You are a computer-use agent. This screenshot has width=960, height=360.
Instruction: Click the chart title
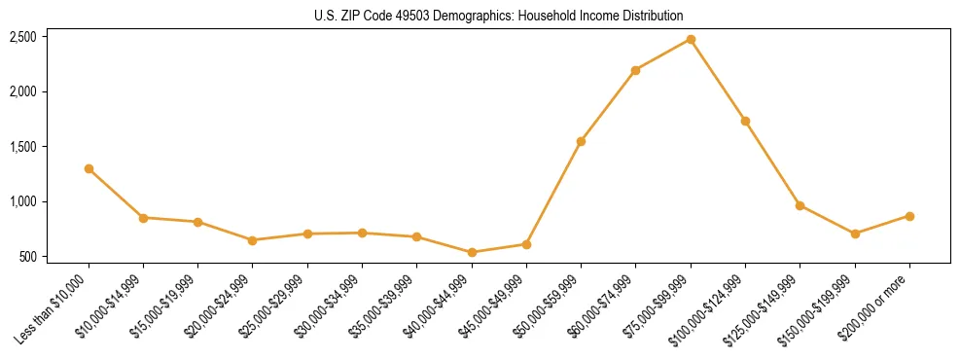[499, 16]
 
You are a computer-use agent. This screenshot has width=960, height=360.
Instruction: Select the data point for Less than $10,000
[89, 168]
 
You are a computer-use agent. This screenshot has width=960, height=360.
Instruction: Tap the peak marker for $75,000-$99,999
[691, 39]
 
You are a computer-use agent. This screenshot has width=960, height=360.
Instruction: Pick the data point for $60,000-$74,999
[635, 70]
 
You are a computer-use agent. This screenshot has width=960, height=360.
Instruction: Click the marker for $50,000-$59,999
[581, 141]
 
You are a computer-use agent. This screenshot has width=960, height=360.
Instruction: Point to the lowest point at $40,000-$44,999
[472, 252]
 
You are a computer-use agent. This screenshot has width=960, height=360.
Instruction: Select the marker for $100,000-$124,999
[745, 121]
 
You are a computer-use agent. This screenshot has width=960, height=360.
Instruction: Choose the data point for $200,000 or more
[909, 216]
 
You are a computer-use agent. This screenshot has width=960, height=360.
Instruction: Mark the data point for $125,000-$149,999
[800, 205]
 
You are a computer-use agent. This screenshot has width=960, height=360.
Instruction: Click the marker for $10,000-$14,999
[143, 218]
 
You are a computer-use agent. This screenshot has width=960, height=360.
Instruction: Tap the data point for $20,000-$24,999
[253, 240]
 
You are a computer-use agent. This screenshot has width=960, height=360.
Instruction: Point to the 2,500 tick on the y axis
[23, 37]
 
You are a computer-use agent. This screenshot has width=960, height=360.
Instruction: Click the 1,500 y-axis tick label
[23, 147]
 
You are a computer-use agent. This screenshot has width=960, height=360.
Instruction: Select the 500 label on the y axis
[28, 257]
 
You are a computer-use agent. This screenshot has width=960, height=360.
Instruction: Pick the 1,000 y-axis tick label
[23, 201]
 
